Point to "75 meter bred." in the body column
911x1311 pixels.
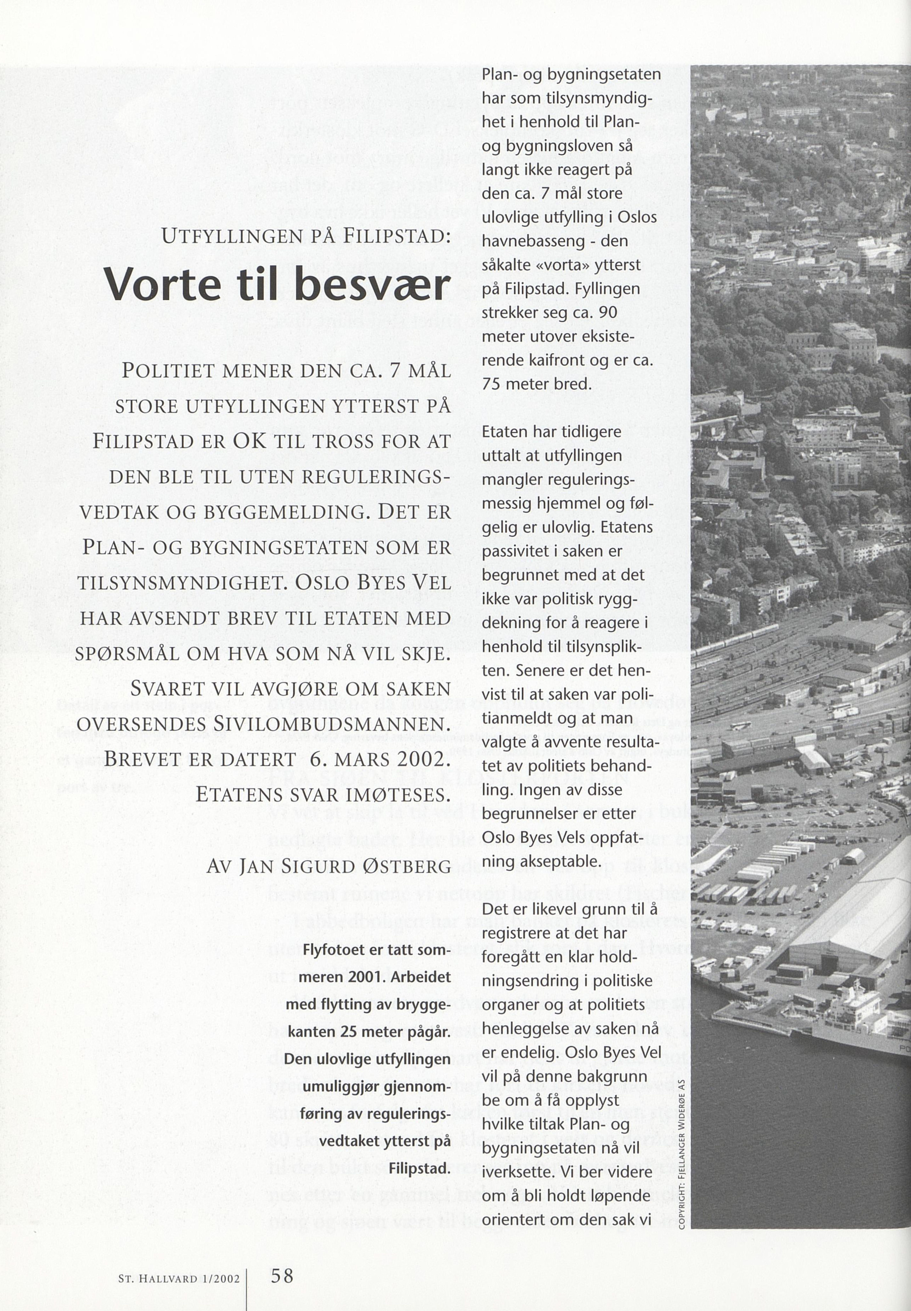[x=536, y=384]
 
